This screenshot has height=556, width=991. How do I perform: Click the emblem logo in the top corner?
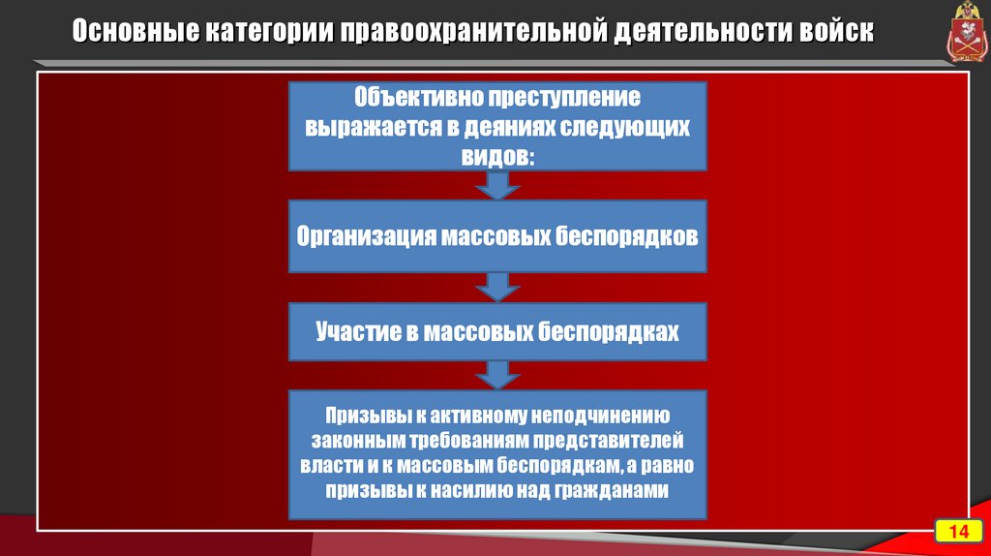(963, 34)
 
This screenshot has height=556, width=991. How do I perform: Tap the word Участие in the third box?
(355, 332)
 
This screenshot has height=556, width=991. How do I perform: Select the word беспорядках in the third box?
(608, 332)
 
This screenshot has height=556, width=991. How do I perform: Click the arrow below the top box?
(497, 185)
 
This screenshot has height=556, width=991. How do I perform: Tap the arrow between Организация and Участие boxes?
(497, 287)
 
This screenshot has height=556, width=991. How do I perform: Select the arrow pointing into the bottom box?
(497, 374)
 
